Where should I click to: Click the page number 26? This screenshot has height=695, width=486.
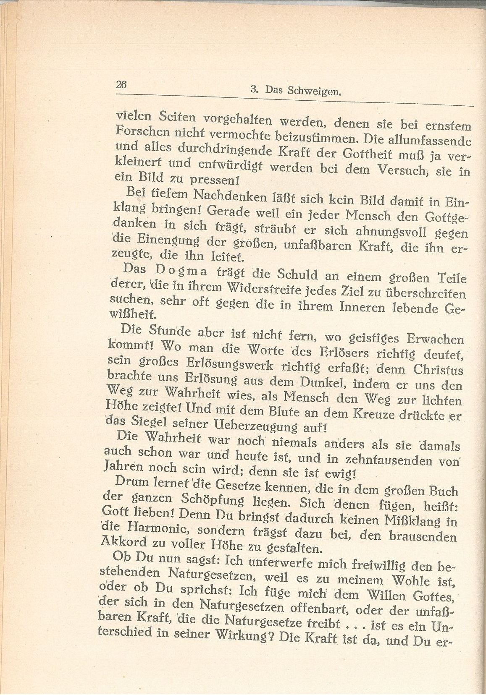point(121,84)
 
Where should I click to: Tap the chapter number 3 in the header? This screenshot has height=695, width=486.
point(253,89)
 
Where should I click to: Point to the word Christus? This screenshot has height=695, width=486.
point(438,369)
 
